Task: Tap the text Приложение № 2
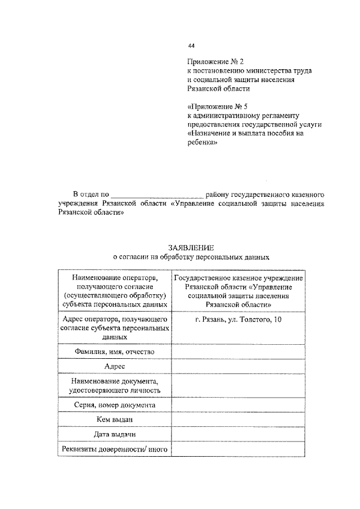click(215, 61)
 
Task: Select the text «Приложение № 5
click(218, 106)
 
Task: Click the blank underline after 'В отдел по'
click(160, 194)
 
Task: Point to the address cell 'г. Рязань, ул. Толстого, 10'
click(238, 320)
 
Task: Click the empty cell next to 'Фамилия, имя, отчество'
click(238, 352)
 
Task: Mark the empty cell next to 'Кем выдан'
click(238, 419)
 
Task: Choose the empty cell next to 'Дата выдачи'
click(238, 434)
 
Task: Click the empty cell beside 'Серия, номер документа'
click(238, 404)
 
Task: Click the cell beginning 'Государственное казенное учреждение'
click(238, 291)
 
